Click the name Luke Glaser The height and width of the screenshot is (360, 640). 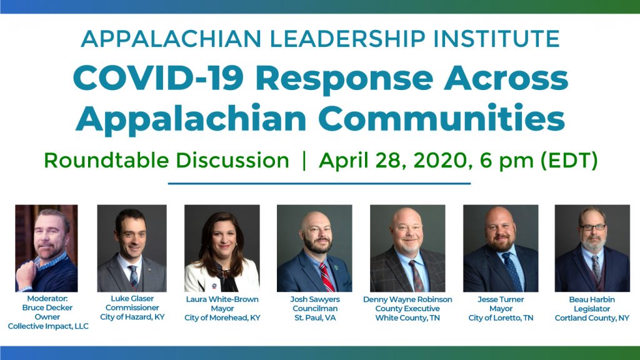coord(131,299)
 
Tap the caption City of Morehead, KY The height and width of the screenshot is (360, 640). coord(222,317)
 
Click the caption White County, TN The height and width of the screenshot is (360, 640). coord(407,317)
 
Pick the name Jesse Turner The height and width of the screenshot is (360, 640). coord(501,299)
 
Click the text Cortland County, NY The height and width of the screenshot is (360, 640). coord(592,317)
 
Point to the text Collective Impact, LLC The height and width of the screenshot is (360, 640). coord(48,326)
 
